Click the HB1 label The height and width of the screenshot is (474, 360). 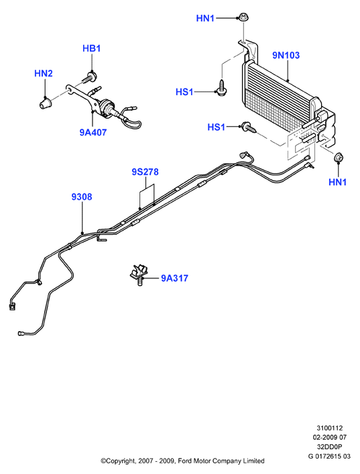click(x=92, y=48)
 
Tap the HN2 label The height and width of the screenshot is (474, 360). click(x=44, y=74)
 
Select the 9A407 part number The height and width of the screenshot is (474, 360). click(x=93, y=132)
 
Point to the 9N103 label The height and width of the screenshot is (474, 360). click(x=286, y=56)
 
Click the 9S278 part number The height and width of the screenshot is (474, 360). click(x=145, y=172)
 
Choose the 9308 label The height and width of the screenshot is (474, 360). click(x=82, y=197)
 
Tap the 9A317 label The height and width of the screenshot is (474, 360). click(x=174, y=278)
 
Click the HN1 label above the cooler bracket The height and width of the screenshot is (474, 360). click(x=205, y=19)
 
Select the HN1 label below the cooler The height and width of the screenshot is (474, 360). click(x=338, y=182)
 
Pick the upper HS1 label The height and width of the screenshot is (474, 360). click(x=184, y=92)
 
